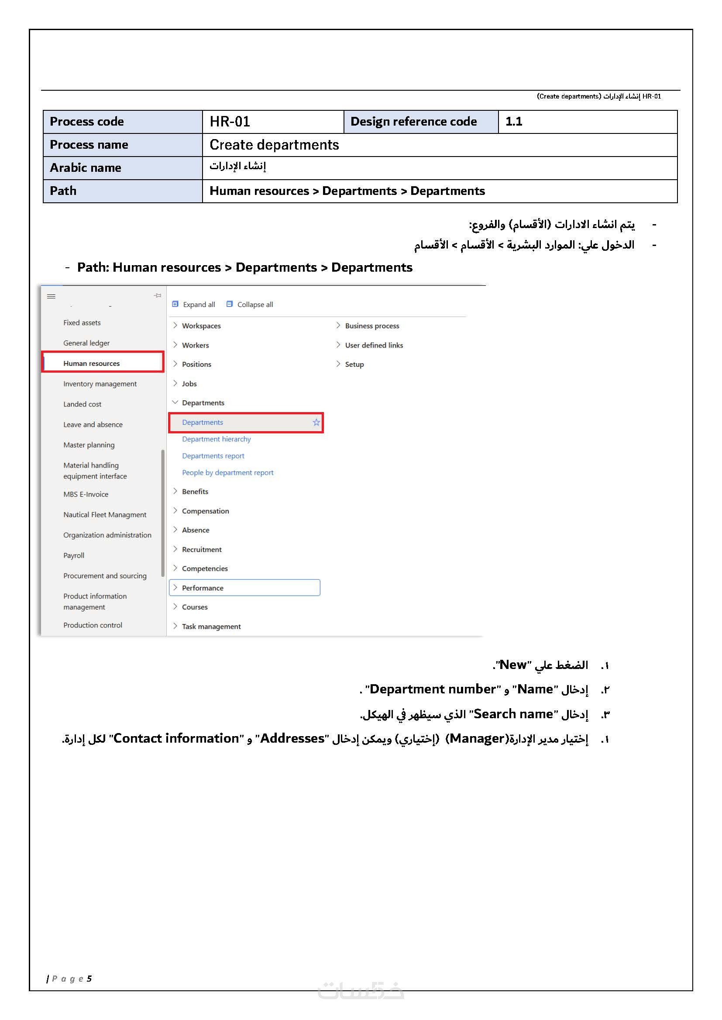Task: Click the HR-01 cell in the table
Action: point(272,122)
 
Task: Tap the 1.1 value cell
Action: point(587,122)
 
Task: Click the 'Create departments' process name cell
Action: point(439,145)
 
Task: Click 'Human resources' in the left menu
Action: point(92,363)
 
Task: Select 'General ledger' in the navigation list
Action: point(86,343)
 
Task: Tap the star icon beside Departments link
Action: point(316,422)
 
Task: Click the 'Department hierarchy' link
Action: point(216,439)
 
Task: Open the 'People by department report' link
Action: point(227,473)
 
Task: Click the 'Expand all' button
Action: point(194,304)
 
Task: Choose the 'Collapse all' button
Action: point(250,304)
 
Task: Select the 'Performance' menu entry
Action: point(203,588)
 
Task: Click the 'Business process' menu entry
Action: point(371,326)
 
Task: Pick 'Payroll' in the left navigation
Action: point(74,555)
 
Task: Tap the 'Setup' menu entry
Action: point(354,364)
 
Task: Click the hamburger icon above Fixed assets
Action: point(52,296)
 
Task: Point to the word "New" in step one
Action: point(512,665)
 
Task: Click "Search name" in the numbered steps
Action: point(513,714)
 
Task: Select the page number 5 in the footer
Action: point(89,978)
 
